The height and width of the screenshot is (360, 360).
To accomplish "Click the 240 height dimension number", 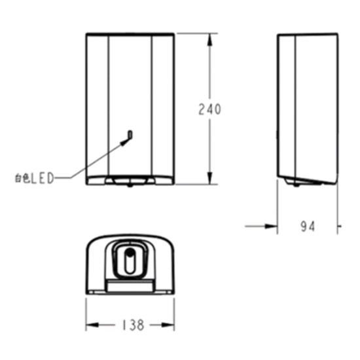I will [x=209, y=109].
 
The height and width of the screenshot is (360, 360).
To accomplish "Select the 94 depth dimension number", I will [x=308, y=226].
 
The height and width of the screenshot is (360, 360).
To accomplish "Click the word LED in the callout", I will [x=43, y=177].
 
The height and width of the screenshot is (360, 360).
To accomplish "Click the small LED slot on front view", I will [x=130, y=135].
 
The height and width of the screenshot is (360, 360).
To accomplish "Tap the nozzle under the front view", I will [x=130, y=186].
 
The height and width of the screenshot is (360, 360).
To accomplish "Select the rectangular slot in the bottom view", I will [x=130, y=284].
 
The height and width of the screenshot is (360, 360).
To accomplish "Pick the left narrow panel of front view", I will [x=97, y=105].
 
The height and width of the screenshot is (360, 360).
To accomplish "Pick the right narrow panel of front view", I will [x=163, y=105].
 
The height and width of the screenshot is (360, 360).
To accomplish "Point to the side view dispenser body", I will [x=308, y=105].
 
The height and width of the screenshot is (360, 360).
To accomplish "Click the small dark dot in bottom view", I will [x=130, y=253].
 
